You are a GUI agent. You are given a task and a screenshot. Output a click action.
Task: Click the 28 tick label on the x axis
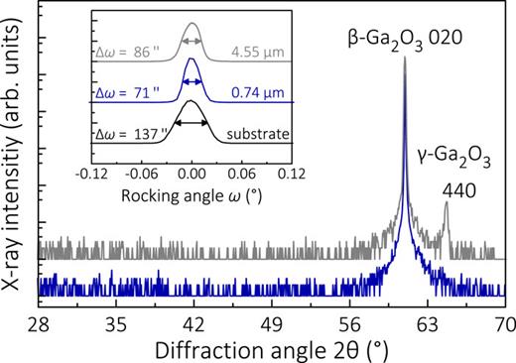39,323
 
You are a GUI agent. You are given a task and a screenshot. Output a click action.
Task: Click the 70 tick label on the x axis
505,323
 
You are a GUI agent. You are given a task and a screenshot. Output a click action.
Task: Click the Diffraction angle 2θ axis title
273,349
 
